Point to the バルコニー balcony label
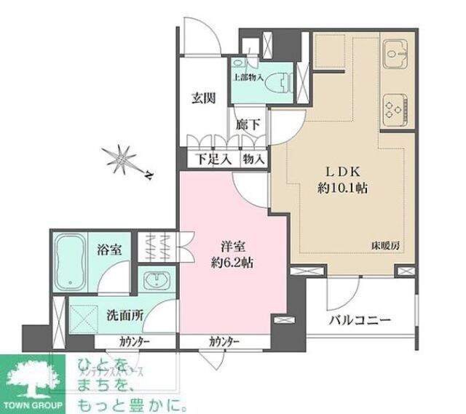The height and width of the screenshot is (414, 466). [360, 320]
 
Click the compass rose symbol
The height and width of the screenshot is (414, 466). [123, 159]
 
